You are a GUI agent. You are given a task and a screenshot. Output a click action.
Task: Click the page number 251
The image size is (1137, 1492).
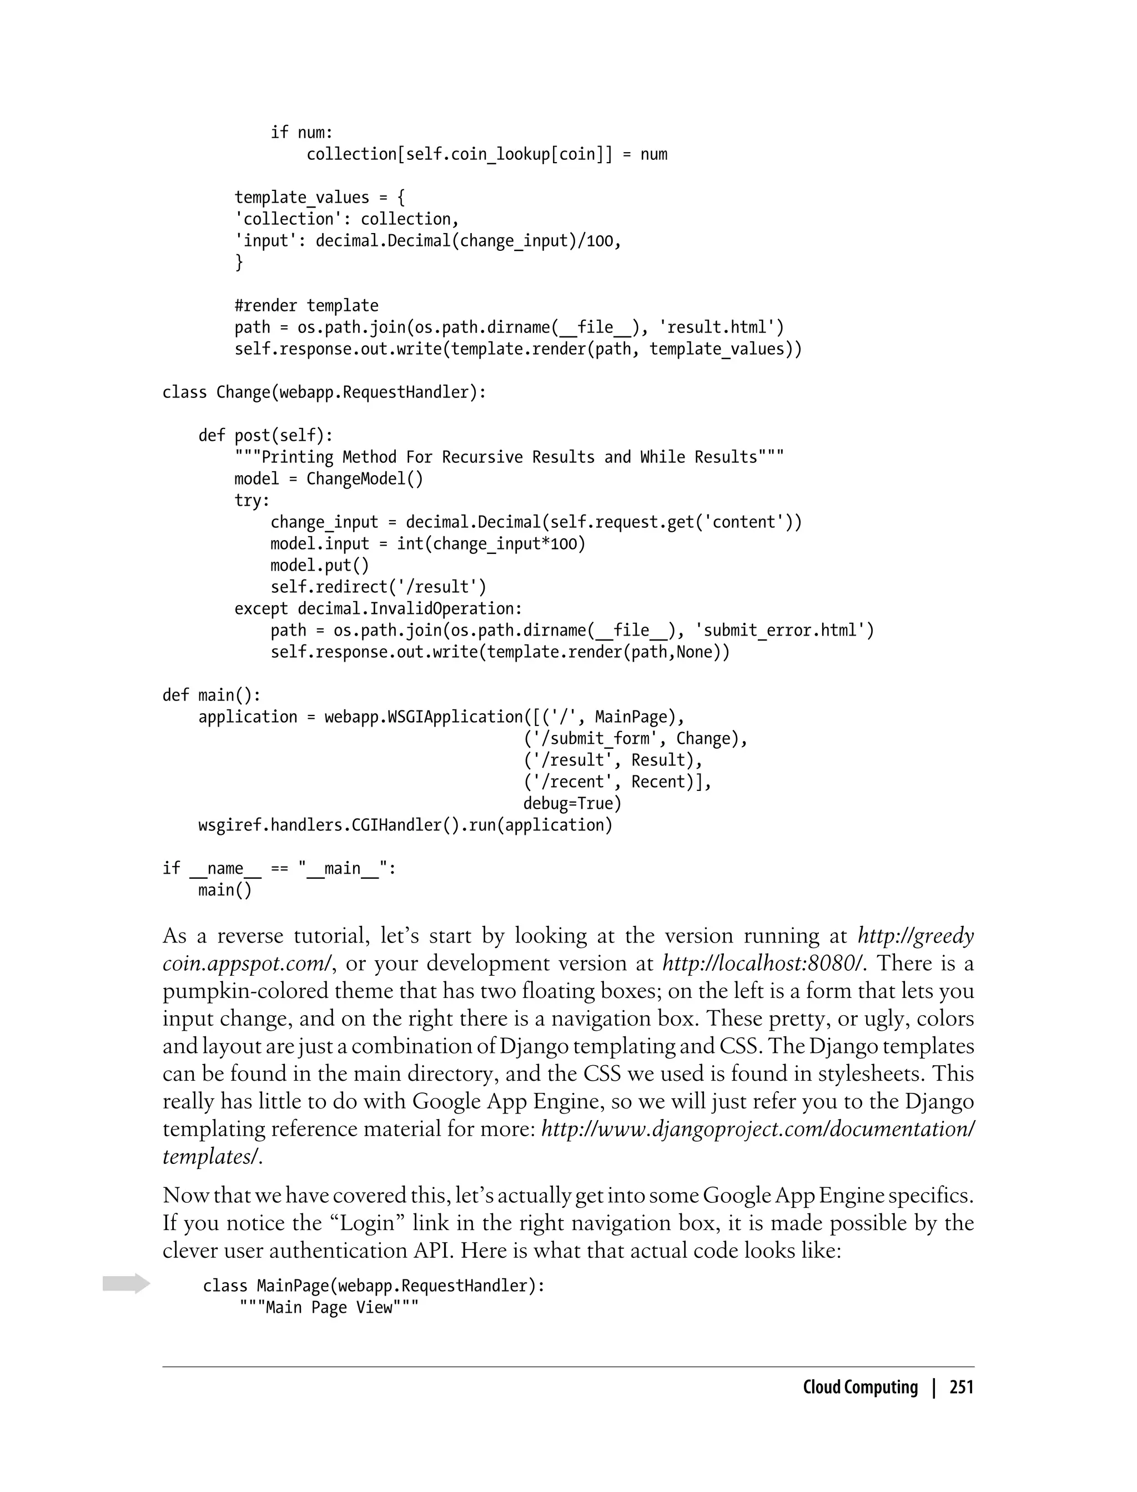(x=961, y=1387)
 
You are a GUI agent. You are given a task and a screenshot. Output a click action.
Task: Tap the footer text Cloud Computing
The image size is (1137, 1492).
(x=859, y=1387)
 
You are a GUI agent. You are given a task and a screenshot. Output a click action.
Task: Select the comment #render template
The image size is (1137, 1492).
(x=306, y=306)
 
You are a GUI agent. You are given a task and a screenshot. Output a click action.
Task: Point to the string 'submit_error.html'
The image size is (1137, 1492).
(x=784, y=631)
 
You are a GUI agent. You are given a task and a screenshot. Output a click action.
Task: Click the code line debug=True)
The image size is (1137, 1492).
(x=572, y=804)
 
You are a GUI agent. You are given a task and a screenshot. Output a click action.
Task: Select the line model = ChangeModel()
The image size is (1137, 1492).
(x=328, y=479)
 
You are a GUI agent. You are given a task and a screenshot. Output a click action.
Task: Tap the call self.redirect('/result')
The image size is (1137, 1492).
(x=378, y=587)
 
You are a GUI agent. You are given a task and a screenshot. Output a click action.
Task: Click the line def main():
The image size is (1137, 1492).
(x=211, y=695)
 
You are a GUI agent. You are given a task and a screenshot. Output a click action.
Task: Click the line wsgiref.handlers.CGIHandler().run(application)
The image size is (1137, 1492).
(x=405, y=825)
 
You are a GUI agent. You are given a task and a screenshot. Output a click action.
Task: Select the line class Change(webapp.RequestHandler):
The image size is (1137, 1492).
(x=324, y=392)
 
